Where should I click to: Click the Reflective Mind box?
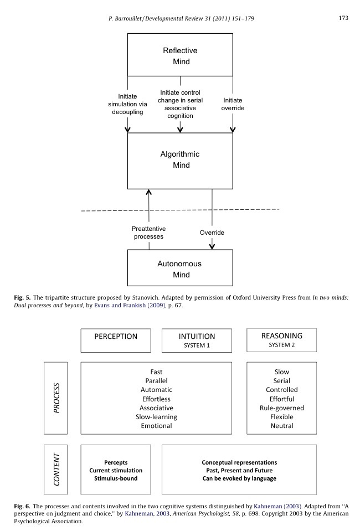click(x=180, y=55)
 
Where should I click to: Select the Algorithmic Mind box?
click(x=180, y=159)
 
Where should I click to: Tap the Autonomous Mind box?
click(x=180, y=269)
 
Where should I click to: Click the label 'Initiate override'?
click(x=233, y=104)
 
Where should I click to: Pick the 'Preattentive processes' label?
click(x=148, y=232)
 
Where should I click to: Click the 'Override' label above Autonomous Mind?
click(x=212, y=233)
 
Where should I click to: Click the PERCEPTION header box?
click(x=115, y=340)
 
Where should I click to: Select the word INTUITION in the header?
click(x=197, y=337)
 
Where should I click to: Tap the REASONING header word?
click(x=281, y=336)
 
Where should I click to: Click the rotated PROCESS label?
click(x=55, y=398)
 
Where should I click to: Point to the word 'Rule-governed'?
click(x=281, y=408)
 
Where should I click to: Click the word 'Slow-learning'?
click(x=156, y=417)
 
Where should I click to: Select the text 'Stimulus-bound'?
click(x=116, y=478)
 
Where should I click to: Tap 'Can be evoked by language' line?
click(x=239, y=478)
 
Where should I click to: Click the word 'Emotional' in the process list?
click(x=156, y=426)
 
